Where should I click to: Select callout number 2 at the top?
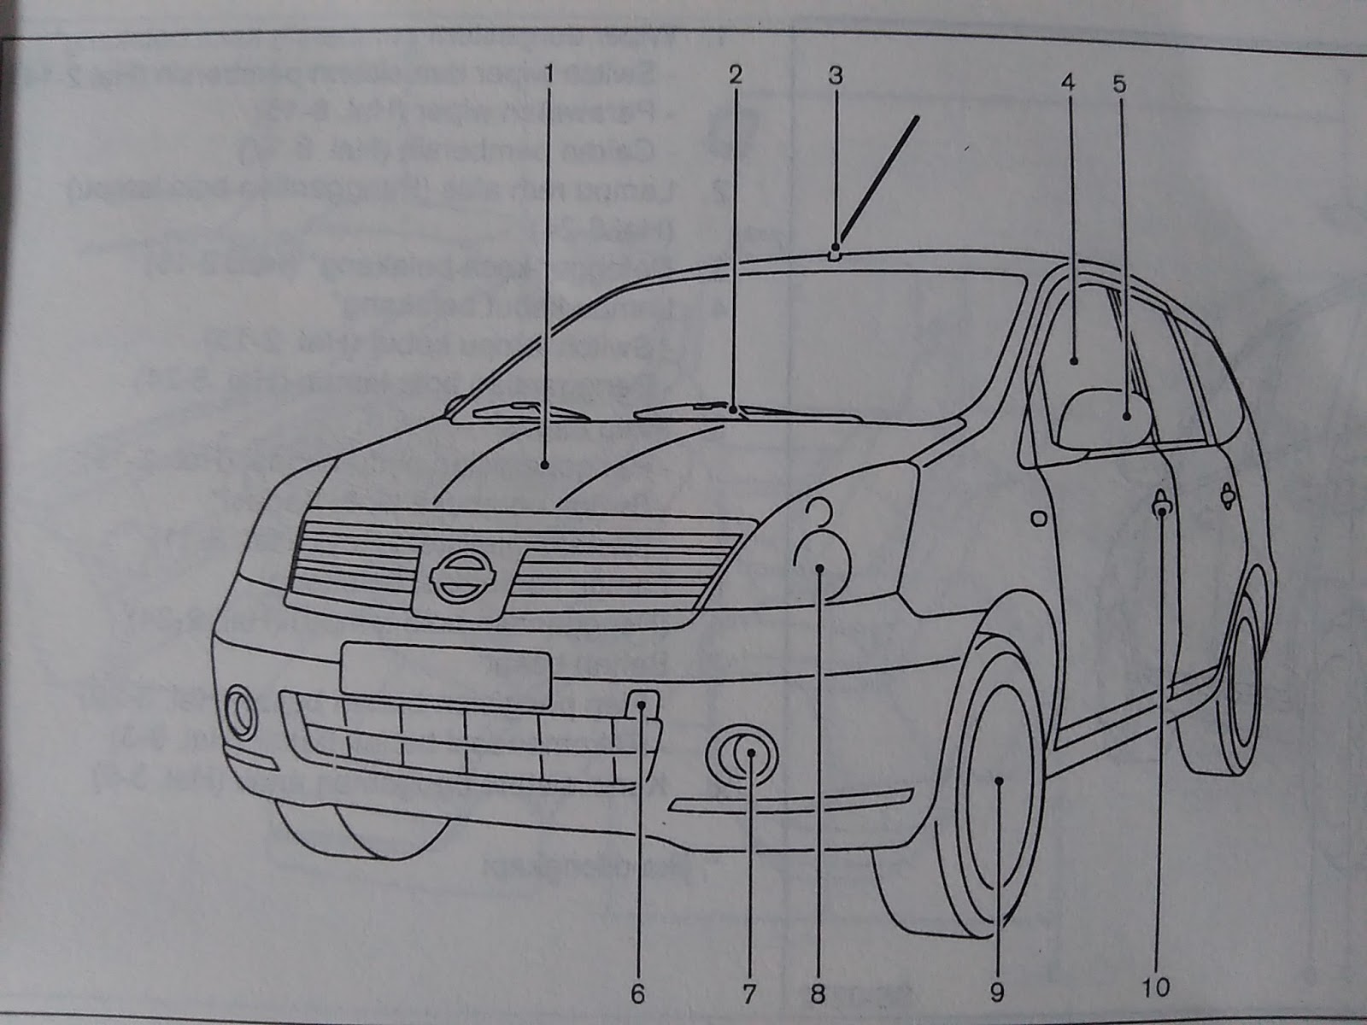(734, 75)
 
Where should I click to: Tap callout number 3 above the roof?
(835, 75)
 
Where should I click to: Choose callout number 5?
(1119, 84)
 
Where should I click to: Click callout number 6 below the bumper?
(638, 993)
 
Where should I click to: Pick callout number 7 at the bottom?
(749, 993)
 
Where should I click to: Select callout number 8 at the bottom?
(818, 993)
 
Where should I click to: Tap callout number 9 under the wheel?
(996, 992)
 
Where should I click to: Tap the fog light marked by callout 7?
(743, 755)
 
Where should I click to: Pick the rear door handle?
(1228, 494)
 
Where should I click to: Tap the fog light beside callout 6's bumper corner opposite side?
(241, 712)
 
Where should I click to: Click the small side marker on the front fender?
(1038, 518)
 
